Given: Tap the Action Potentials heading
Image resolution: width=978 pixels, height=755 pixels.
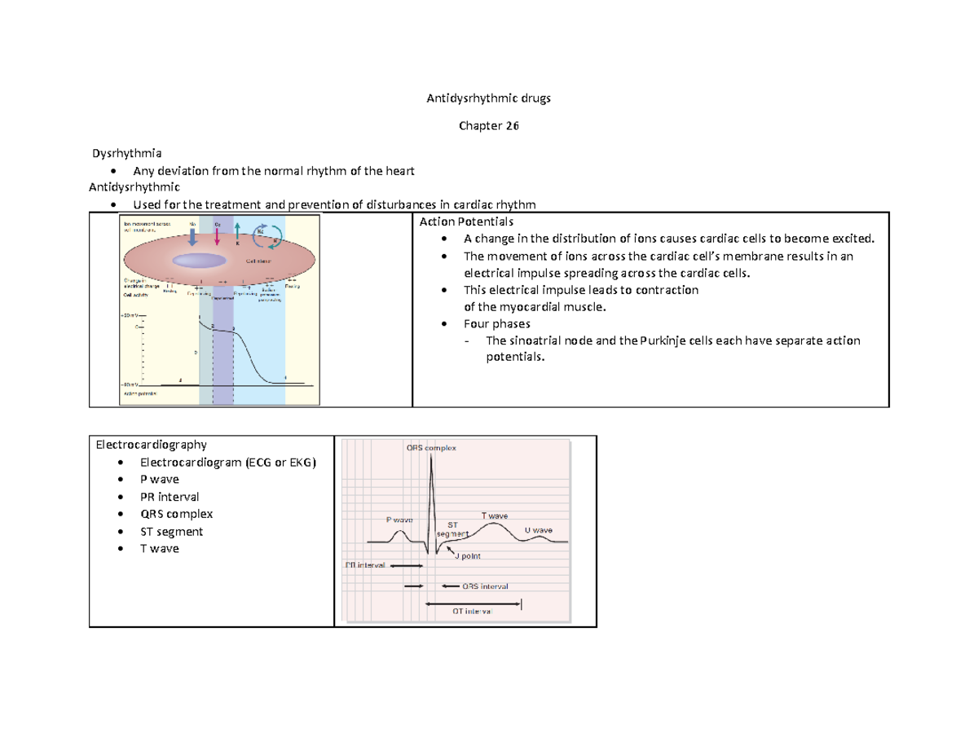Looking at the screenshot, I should point(465,221).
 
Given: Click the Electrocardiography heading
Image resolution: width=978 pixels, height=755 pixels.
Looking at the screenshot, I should point(152,445).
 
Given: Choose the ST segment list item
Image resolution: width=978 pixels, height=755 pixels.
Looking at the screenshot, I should point(173,532).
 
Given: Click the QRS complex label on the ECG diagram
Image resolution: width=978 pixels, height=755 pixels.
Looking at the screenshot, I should point(430,448).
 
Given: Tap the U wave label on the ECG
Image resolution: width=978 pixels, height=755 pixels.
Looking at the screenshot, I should point(538,530).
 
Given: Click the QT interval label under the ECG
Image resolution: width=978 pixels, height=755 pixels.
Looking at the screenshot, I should point(467,612).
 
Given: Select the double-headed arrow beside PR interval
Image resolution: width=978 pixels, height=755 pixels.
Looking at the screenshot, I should point(407,565).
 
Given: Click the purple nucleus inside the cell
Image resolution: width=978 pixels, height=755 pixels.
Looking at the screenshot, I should point(199,261).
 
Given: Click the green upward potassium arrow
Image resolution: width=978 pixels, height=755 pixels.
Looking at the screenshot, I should point(237,231).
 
